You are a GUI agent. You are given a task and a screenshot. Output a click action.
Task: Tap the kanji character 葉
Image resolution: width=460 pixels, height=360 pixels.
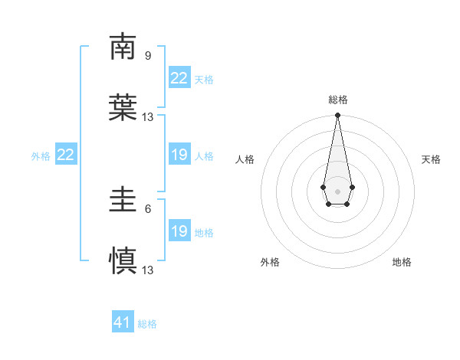click(x=123, y=108)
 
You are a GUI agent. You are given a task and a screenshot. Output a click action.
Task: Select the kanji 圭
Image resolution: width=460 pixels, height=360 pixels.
click(x=123, y=200)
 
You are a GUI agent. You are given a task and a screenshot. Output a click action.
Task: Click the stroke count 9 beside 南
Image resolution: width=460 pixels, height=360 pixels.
click(x=148, y=55)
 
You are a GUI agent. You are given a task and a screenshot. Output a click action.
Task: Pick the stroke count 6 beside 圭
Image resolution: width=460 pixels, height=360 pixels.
click(x=148, y=208)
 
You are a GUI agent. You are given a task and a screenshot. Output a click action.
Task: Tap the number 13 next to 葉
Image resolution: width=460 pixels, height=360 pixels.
click(x=148, y=117)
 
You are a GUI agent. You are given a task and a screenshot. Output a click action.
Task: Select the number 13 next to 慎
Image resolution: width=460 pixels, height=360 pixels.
click(x=148, y=270)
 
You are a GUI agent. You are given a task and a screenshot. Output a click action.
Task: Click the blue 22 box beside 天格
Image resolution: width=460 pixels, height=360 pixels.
click(x=179, y=78)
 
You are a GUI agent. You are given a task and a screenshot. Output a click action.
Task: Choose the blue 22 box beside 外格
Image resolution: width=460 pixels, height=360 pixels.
click(x=65, y=155)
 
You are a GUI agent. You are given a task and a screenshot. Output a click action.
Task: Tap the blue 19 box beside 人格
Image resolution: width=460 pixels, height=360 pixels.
click(x=179, y=155)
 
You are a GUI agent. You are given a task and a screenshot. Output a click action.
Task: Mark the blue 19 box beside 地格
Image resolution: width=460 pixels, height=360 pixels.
click(x=179, y=231)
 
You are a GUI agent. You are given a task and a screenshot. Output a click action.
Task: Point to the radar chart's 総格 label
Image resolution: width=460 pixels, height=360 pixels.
click(x=338, y=100)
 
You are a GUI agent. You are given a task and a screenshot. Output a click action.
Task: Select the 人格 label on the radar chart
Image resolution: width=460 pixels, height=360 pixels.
click(x=245, y=159)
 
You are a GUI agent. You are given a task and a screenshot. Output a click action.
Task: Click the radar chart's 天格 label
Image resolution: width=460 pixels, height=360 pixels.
click(x=432, y=159)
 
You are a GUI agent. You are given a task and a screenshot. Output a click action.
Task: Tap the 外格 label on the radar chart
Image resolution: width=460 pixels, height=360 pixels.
click(x=270, y=262)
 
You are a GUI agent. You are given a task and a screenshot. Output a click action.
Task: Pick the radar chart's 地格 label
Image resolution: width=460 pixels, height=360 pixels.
click(x=402, y=262)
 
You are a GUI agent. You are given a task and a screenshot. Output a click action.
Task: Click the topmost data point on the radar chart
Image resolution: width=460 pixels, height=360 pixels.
click(x=337, y=116)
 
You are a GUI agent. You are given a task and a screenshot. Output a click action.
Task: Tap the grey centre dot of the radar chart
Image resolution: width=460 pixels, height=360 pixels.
click(x=337, y=191)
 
